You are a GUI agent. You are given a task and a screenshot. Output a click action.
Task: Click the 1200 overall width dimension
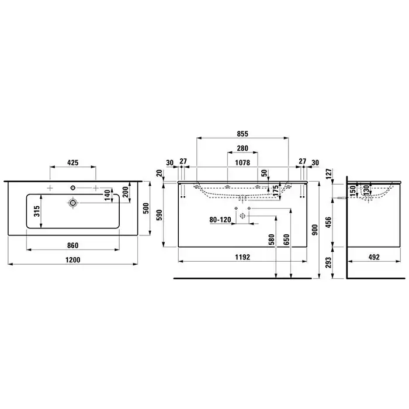tap(73, 260)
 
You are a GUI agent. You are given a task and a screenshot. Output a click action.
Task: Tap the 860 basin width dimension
tap(73, 245)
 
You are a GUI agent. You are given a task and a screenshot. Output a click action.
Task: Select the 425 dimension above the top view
tap(73, 163)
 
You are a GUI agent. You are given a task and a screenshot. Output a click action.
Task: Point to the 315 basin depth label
tap(37, 211)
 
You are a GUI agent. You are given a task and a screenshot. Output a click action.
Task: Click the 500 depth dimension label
tap(146, 208)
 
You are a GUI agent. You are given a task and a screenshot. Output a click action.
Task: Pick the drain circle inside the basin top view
tap(73, 203)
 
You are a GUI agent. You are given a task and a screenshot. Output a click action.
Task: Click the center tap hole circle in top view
tap(73, 188)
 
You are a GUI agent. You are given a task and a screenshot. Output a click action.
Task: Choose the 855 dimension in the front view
tap(242, 134)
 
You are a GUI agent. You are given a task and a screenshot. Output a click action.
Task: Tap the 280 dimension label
tap(242, 148)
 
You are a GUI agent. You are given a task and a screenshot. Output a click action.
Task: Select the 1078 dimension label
tap(242, 163)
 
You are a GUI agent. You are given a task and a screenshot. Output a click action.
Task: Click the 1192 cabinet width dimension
tap(242, 257)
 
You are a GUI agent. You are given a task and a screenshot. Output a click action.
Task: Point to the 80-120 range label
tap(220, 220)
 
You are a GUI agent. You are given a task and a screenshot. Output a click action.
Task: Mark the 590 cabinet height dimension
tap(159, 214)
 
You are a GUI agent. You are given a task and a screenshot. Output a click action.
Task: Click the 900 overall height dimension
tap(315, 230)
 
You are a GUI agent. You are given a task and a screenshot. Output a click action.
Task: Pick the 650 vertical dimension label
tap(286, 240)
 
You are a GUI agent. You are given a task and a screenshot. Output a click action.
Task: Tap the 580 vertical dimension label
tap(272, 240)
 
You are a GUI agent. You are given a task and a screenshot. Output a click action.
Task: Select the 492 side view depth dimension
tap(374, 257)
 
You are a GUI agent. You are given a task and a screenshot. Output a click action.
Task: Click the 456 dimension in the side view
tap(328, 222)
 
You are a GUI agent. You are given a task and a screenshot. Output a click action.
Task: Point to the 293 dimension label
tap(328, 263)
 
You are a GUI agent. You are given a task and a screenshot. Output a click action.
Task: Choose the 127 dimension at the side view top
tap(328, 174)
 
